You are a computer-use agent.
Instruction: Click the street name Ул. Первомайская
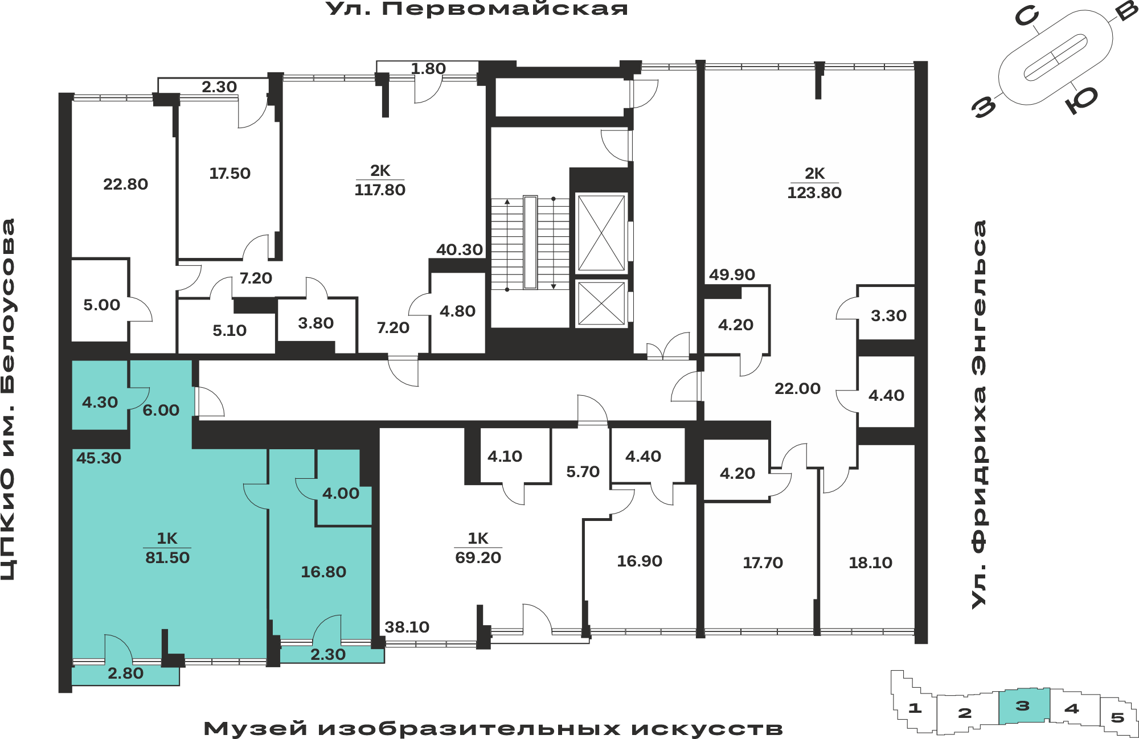(477, 9)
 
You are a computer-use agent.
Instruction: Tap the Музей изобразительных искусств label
(493, 729)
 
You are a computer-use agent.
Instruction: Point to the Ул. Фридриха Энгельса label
(979, 414)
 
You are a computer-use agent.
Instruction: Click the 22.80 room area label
(125, 184)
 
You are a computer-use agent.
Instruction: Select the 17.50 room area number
(230, 174)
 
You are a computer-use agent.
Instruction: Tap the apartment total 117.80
(380, 190)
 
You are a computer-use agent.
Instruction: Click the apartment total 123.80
(814, 193)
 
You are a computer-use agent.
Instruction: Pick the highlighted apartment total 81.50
(167, 558)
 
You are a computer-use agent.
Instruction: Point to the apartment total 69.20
(478, 558)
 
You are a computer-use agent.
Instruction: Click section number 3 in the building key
(1023, 706)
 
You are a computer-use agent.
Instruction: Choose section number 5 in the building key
(1117, 717)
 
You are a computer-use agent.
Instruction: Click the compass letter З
(985, 106)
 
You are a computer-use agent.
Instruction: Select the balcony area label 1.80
(428, 69)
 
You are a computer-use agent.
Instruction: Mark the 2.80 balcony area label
(125, 674)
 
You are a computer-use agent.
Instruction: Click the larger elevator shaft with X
(601, 232)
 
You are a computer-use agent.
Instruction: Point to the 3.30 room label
(888, 316)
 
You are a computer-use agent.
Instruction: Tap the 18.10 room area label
(870, 563)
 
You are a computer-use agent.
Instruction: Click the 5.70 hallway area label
(583, 472)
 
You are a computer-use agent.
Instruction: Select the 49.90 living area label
(732, 275)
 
